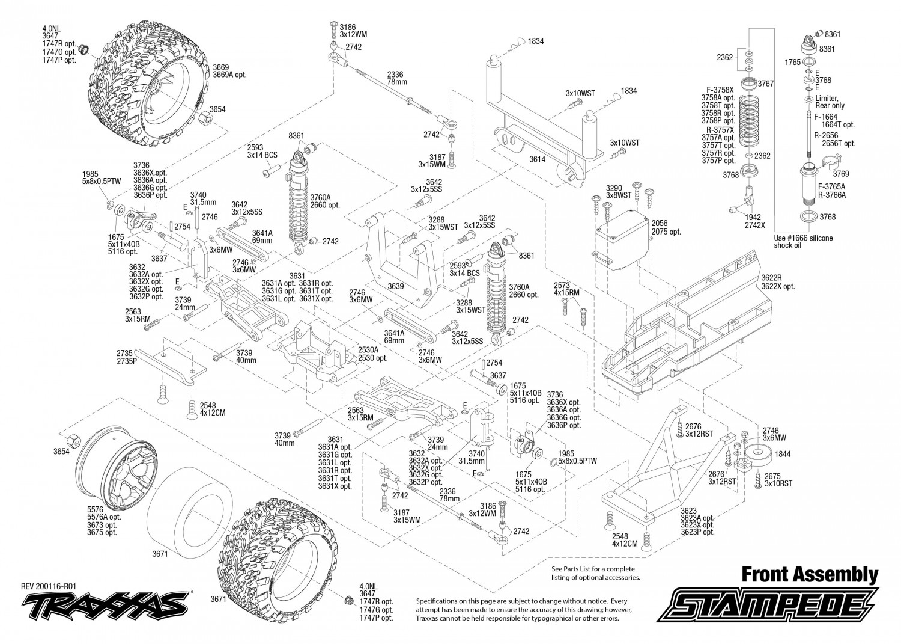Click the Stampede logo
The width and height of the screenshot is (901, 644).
(767, 604)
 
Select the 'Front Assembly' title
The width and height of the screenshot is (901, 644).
(810, 575)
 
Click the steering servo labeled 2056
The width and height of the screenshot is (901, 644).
(622, 240)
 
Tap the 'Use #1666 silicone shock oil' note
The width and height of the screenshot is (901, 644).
(803, 242)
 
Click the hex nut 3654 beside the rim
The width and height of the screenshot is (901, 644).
(73, 438)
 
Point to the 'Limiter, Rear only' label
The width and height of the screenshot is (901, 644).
(830, 102)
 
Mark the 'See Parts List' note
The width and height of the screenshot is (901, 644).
(595, 573)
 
